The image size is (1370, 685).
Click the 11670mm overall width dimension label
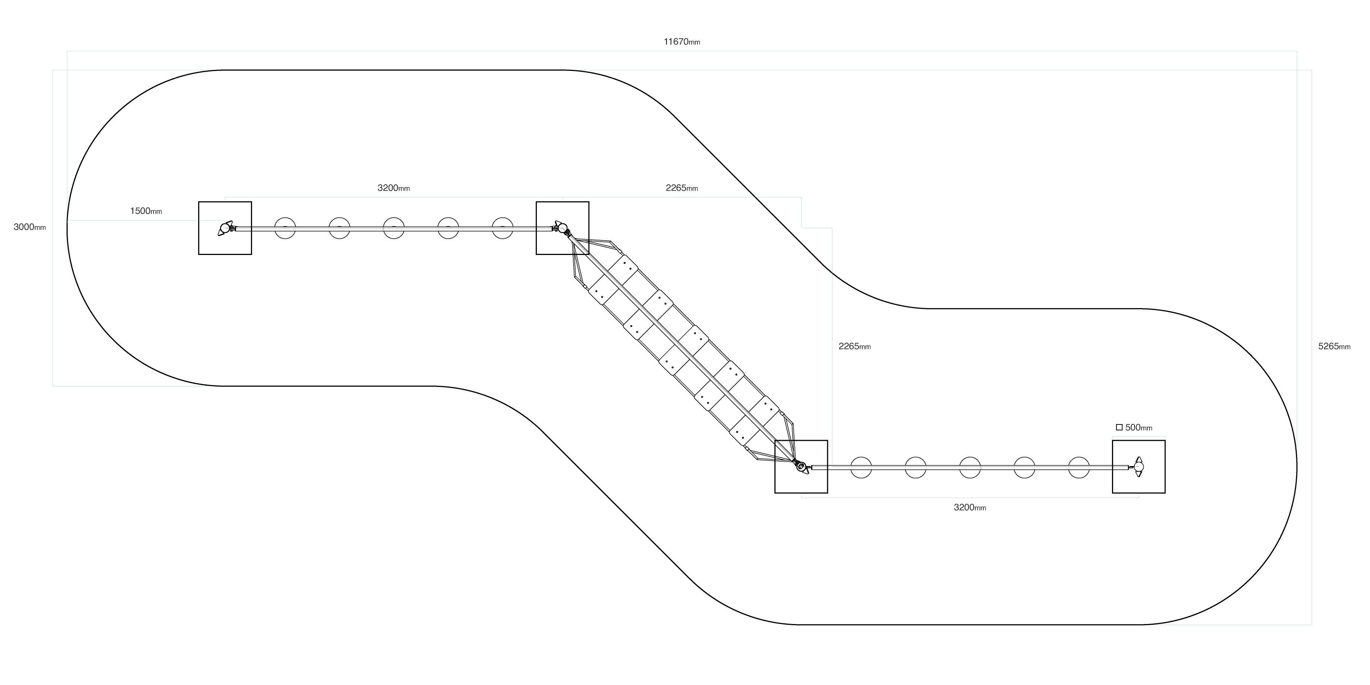click(682, 42)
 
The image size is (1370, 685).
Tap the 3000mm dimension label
click(30, 227)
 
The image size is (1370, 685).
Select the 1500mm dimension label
click(146, 211)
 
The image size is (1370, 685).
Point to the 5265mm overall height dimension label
click(1334, 346)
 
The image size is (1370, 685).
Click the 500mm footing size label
click(1139, 427)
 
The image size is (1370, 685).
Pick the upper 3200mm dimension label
click(394, 188)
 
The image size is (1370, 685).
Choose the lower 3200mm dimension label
click(970, 507)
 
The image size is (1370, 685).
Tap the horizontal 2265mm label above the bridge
click(682, 188)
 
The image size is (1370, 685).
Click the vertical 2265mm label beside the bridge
click(855, 346)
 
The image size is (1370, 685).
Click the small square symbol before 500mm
click(1119, 427)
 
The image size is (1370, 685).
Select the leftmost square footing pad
click(225, 228)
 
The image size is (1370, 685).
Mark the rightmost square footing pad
click(1139, 466)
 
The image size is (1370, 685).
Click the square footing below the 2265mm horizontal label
click(562, 228)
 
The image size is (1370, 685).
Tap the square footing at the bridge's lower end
click(801, 466)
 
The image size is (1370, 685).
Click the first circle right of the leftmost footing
click(285, 228)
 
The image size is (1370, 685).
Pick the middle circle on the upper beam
click(394, 228)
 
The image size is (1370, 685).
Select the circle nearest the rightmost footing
click(1079, 467)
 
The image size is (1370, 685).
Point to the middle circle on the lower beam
click(970, 467)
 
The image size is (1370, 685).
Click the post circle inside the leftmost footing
click(225, 228)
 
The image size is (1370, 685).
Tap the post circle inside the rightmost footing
click(1139, 466)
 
